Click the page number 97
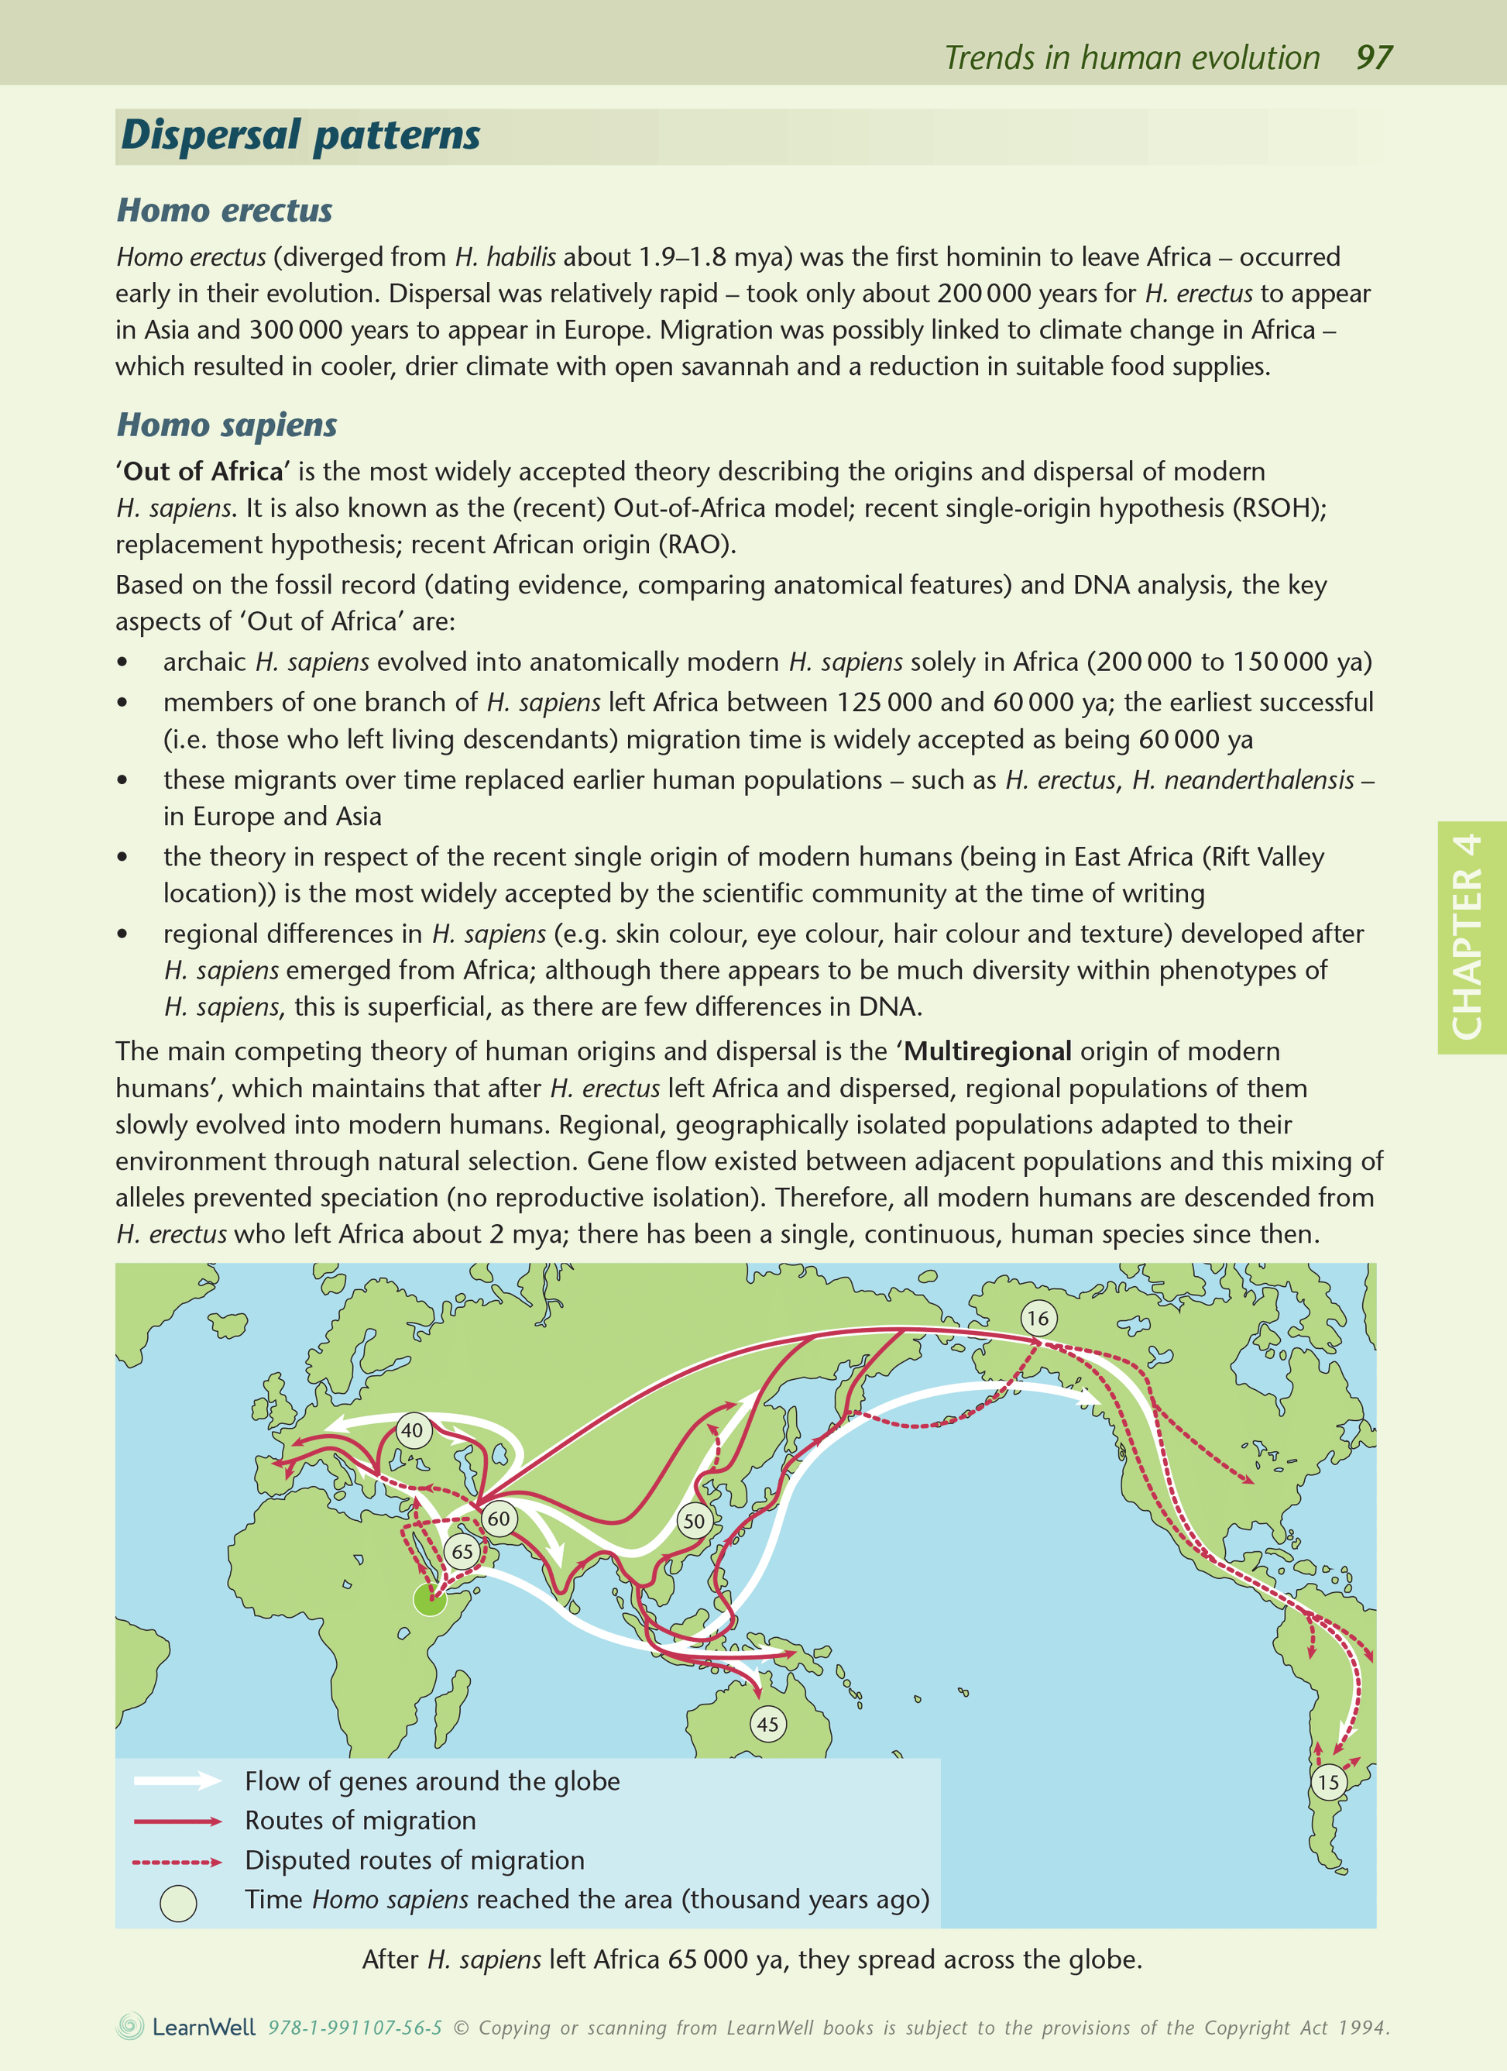click(x=1373, y=57)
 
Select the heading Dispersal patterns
click(x=300, y=135)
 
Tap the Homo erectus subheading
click(x=225, y=210)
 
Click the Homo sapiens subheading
click(x=227, y=425)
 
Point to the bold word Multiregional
click(x=987, y=1051)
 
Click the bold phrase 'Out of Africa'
click(x=203, y=471)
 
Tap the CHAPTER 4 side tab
click(x=1470, y=937)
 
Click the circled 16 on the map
click(x=1038, y=1318)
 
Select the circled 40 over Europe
click(x=413, y=1430)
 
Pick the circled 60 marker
click(x=499, y=1519)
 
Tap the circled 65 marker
click(x=463, y=1550)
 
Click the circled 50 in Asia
click(x=694, y=1520)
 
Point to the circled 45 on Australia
click(x=767, y=1724)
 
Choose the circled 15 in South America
click(x=1328, y=1781)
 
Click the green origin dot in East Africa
click(x=430, y=1599)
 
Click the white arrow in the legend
click(x=177, y=1780)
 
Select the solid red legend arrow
click(x=177, y=1821)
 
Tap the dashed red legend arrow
click(x=177, y=1861)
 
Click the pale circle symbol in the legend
click(x=178, y=1903)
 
